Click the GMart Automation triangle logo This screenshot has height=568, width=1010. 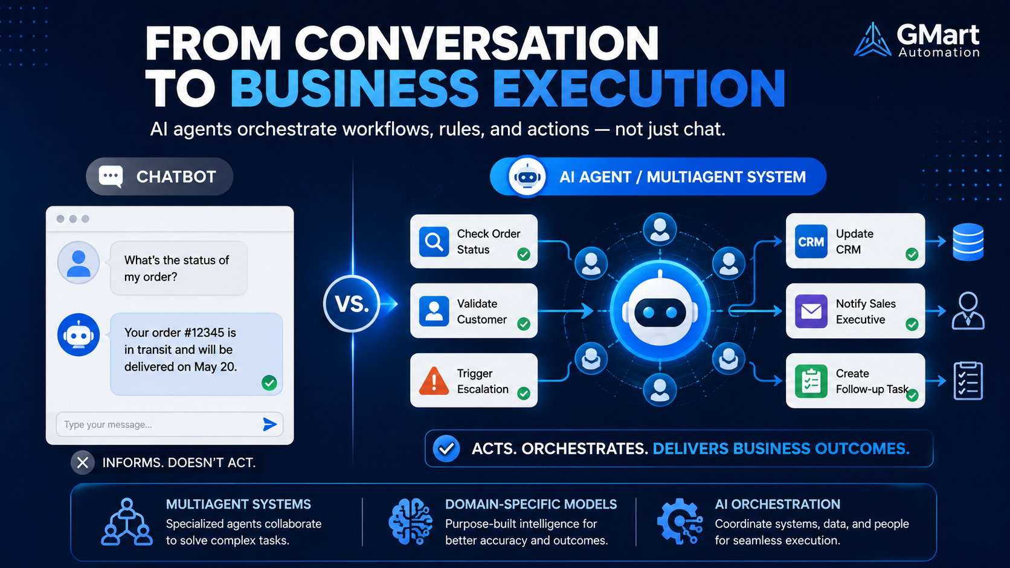872,40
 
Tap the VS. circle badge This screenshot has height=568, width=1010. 352,304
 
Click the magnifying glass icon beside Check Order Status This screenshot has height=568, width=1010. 434,242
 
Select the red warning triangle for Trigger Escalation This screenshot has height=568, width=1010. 434,381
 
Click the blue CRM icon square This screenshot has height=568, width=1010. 811,241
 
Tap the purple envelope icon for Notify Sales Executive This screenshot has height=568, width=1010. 811,311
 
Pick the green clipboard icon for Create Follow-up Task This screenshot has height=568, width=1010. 811,381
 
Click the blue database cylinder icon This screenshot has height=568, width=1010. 968,242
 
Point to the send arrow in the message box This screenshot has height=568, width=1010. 269,424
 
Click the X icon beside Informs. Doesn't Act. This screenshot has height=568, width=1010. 83,462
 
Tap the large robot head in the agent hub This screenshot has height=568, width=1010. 660,311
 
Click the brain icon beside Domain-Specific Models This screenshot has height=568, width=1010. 410,522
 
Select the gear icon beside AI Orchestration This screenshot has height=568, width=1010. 680,521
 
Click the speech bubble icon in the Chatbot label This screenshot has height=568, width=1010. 111,177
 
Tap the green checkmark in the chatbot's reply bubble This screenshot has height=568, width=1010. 269,383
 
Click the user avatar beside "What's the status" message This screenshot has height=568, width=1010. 79,263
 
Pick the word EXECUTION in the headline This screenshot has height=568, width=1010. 639,88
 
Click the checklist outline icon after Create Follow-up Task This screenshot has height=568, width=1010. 968,381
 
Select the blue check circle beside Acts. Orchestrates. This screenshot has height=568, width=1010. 446,448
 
